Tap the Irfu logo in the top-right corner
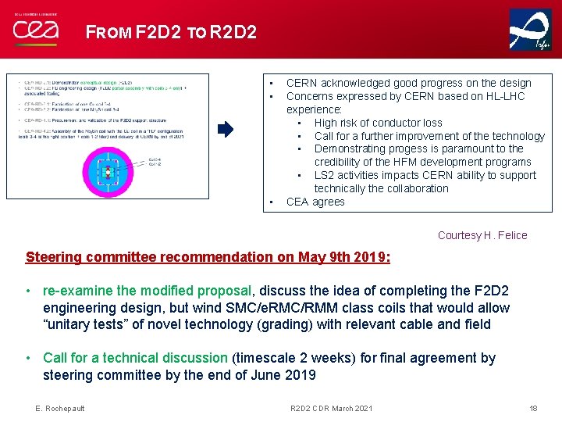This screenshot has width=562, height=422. point(530,30)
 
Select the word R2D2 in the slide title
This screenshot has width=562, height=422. point(233,33)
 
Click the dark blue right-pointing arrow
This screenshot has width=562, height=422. point(225,130)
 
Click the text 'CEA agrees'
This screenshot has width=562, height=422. point(315,202)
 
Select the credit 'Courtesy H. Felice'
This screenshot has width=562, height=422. point(482,235)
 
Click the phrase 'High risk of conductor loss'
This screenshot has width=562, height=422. point(378,123)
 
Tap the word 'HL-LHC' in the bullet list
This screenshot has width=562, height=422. point(505,96)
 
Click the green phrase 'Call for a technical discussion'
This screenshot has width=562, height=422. point(135,358)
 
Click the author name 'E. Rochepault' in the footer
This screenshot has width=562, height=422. point(60,409)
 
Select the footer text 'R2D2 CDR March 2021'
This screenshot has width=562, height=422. point(331,409)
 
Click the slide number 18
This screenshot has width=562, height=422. point(533,409)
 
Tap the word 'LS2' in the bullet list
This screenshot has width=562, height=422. point(325,175)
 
